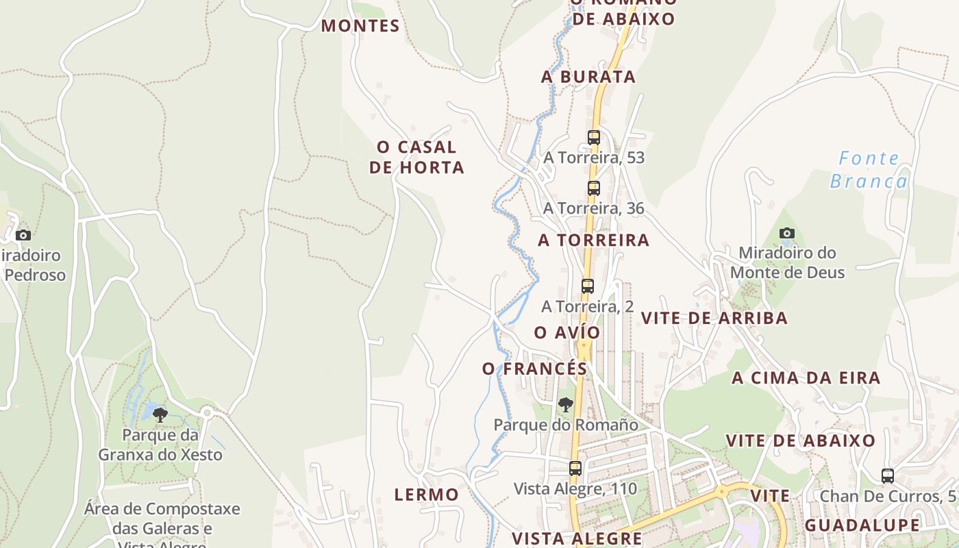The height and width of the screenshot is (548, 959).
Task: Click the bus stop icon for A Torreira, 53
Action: tap(594, 137)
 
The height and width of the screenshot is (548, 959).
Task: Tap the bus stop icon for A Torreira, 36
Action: tap(594, 188)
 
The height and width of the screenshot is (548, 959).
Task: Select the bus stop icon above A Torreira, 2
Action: tap(588, 286)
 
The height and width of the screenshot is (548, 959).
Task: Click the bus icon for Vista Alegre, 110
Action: tap(575, 469)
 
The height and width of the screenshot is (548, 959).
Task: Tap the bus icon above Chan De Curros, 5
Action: tap(888, 475)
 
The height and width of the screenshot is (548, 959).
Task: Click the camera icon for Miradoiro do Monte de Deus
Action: tap(787, 234)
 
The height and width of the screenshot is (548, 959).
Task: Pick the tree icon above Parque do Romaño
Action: tap(565, 405)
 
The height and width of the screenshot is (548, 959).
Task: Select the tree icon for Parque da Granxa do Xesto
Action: tap(160, 414)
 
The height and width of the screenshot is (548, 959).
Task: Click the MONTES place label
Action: tap(360, 26)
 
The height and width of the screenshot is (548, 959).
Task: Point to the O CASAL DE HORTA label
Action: tap(416, 157)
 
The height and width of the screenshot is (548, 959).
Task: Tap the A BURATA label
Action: tap(588, 77)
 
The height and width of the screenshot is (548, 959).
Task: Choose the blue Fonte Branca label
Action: tap(869, 170)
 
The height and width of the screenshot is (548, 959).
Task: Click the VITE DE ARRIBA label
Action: tap(714, 318)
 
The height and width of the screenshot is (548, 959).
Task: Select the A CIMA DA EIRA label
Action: tap(806, 377)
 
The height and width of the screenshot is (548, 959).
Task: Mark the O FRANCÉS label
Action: tap(535, 369)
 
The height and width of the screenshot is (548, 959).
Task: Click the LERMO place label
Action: tap(427, 494)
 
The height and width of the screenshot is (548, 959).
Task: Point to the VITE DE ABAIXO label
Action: tap(800, 440)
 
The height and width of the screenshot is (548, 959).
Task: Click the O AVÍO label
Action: tap(567, 332)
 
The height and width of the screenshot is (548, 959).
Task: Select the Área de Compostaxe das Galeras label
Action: tap(162, 519)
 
